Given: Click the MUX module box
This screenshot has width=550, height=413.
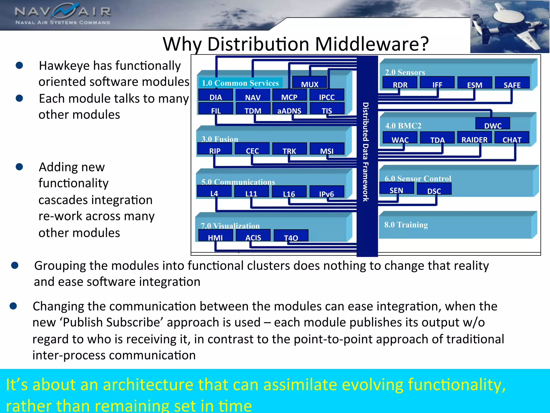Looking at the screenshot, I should [309, 82].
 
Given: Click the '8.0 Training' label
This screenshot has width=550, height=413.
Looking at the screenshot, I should [406, 225].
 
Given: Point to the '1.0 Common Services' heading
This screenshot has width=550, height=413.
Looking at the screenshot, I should [240, 83].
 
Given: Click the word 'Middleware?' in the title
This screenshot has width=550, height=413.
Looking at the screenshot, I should [372, 44].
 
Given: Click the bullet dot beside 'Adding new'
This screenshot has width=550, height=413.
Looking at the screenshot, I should [19, 167].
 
